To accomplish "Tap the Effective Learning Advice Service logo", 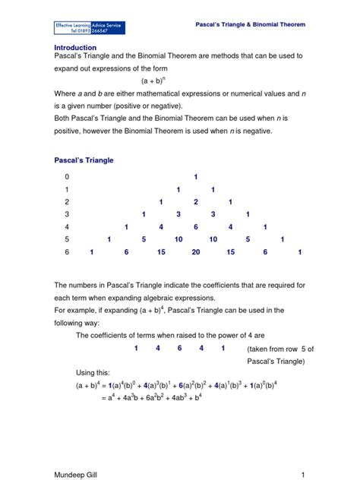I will point(89,28).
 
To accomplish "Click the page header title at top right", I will point(250,25).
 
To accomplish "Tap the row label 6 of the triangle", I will point(67,252).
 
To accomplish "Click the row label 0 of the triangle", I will point(67,177).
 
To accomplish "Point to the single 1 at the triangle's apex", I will point(196,177).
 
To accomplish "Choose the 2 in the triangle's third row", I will point(196,202).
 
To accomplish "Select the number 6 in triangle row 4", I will point(196,227).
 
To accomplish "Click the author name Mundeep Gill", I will point(75,473).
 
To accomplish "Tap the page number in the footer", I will point(302,473).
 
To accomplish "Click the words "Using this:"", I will point(93,373).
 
